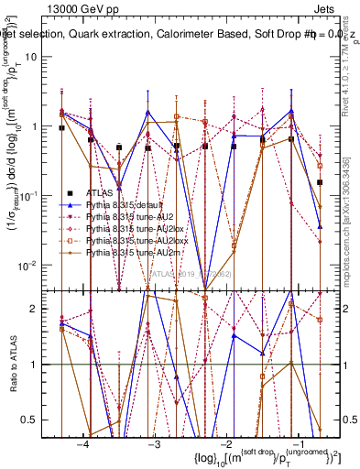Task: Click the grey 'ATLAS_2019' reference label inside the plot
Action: coord(192,272)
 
